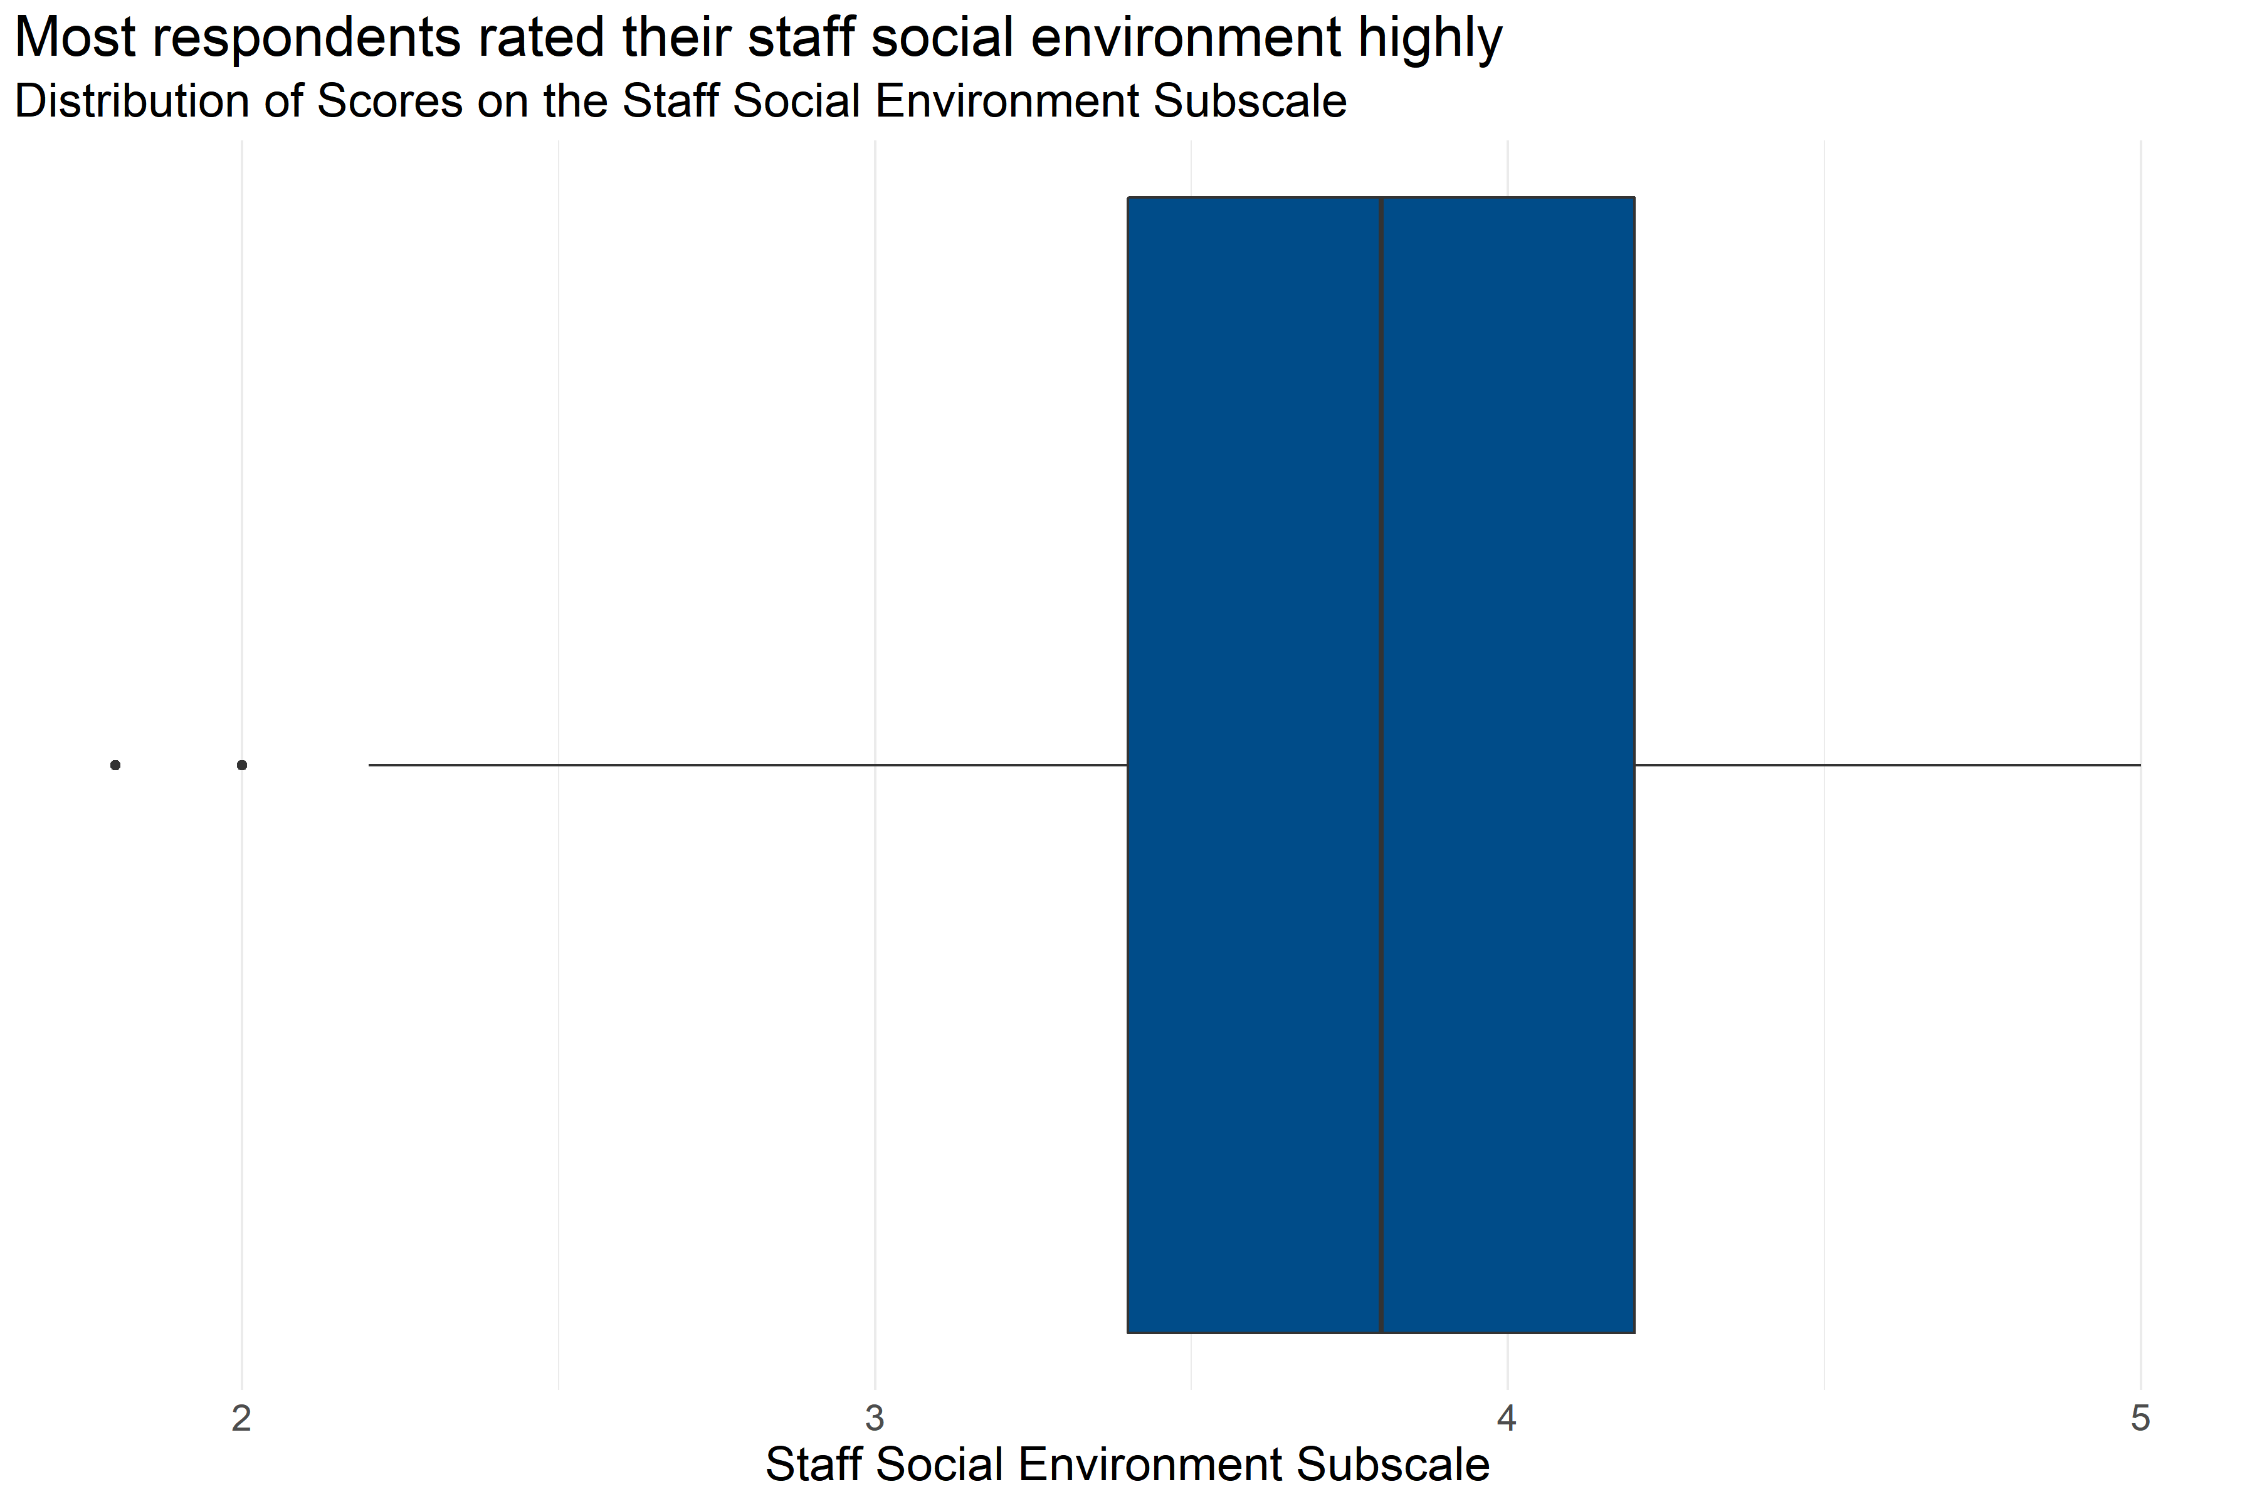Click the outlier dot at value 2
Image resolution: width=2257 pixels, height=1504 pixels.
[242, 765]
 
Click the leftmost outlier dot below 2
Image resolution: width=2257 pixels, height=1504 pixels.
[115, 765]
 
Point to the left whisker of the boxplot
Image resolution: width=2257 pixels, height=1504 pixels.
[749, 765]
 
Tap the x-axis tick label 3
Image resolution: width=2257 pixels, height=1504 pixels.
[874, 1418]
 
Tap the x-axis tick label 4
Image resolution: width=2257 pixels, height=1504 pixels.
[1507, 1418]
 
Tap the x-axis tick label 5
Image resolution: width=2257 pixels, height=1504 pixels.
[2140, 1418]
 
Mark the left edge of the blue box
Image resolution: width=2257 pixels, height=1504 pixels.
[1127, 575]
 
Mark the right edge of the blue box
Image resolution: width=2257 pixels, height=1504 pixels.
[1634, 575]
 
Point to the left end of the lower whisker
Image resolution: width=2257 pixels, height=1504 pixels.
[371, 765]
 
